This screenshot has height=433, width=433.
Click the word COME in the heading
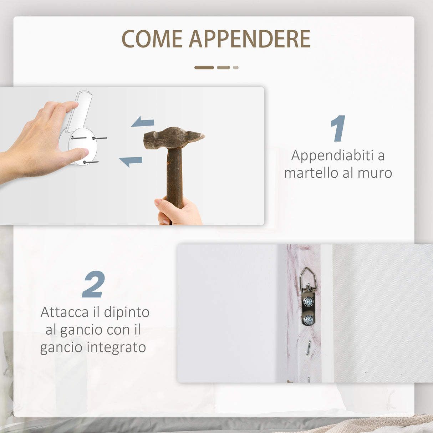click(x=152, y=39)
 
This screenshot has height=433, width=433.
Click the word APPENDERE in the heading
click(x=249, y=39)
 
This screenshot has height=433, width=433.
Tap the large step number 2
click(x=93, y=284)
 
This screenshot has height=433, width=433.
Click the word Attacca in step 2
click(x=65, y=312)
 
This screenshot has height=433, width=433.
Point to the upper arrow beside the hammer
click(x=143, y=122)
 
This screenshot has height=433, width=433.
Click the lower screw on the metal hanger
click(x=309, y=320)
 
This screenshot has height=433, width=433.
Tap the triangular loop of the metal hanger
click(x=308, y=277)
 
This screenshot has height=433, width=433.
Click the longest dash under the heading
click(x=204, y=67)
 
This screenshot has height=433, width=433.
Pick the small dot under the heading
click(x=235, y=67)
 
